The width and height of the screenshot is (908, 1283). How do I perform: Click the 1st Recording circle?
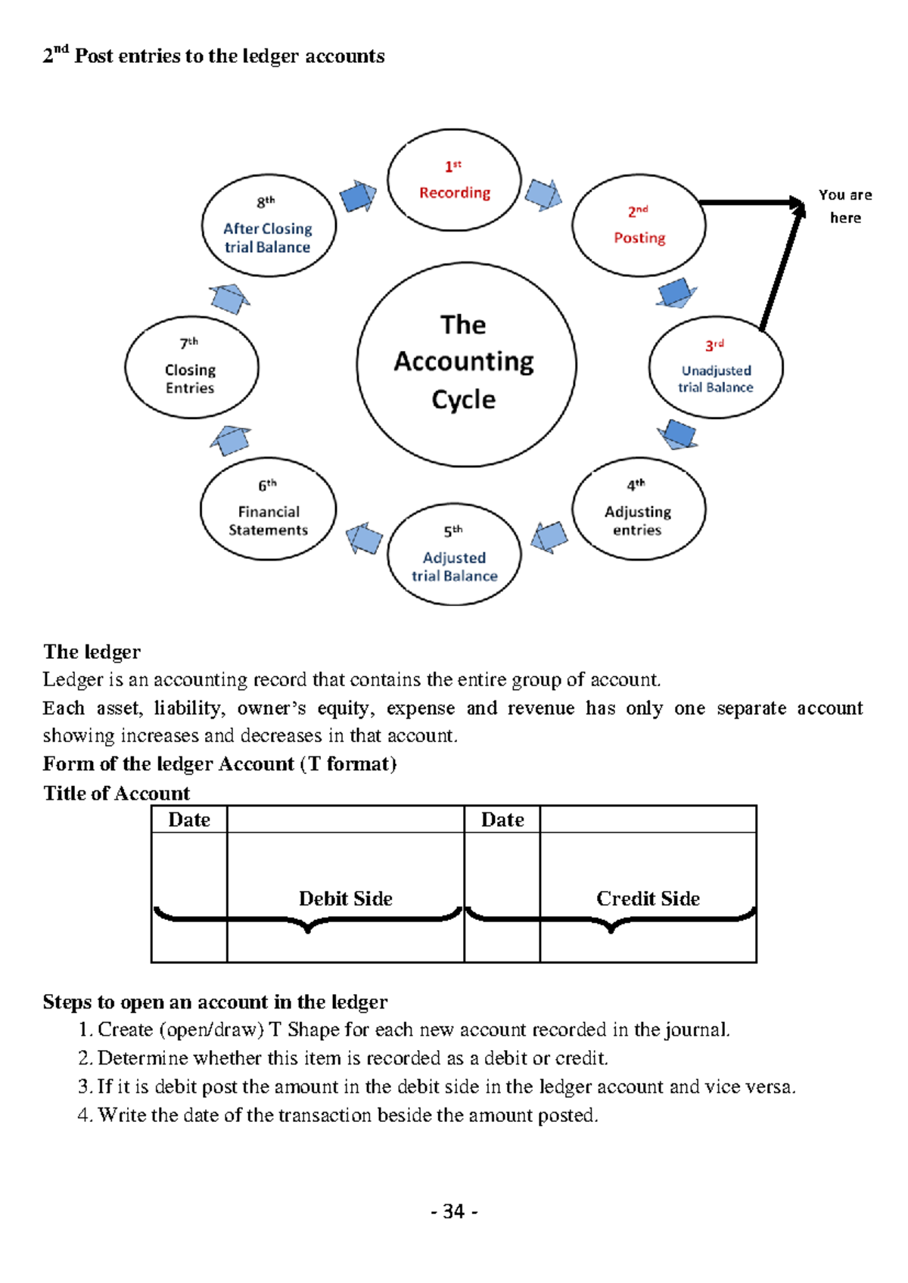pyautogui.click(x=454, y=180)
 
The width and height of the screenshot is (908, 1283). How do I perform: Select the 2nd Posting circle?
pyautogui.click(x=639, y=225)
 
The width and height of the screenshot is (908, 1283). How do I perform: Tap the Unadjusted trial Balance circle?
pyautogui.click(x=716, y=368)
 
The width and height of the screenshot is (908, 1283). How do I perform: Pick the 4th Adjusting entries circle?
pyautogui.click(x=638, y=509)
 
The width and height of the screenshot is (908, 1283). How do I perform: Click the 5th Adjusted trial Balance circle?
pyautogui.click(x=454, y=555)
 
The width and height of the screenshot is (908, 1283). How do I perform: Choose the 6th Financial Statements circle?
pyautogui.click(x=268, y=509)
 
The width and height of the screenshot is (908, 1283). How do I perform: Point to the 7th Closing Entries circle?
pyautogui.click(x=191, y=368)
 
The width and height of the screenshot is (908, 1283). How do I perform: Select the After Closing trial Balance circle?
pyautogui.click(x=268, y=226)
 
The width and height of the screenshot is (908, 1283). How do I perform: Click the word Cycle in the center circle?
pyautogui.click(x=464, y=399)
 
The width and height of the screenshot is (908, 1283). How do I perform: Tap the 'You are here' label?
pyautogui.click(x=845, y=206)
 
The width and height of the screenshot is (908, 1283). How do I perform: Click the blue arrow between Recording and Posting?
pyautogui.click(x=543, y=194)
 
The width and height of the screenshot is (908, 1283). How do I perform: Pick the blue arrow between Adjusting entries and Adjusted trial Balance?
pyautogui.click(x=549, y=537)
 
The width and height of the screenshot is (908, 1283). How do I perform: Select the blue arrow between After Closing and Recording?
pyautogui.click(x=358, y=196)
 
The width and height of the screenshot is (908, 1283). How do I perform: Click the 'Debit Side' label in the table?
pyautogui.click(x=345, y=899)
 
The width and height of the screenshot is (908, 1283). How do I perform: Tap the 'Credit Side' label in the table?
pyautogui.click(x=648, y=899)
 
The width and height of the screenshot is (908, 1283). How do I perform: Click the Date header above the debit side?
pyautogui.click(x=189, y=820)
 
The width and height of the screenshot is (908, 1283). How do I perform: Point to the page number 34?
pyautogui.click(x=454, y=1212)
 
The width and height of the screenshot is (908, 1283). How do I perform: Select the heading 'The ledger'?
pyautogui.click(x=92, y=652)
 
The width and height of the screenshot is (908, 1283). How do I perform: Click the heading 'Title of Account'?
pyautogui.click(x=117, y=793)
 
